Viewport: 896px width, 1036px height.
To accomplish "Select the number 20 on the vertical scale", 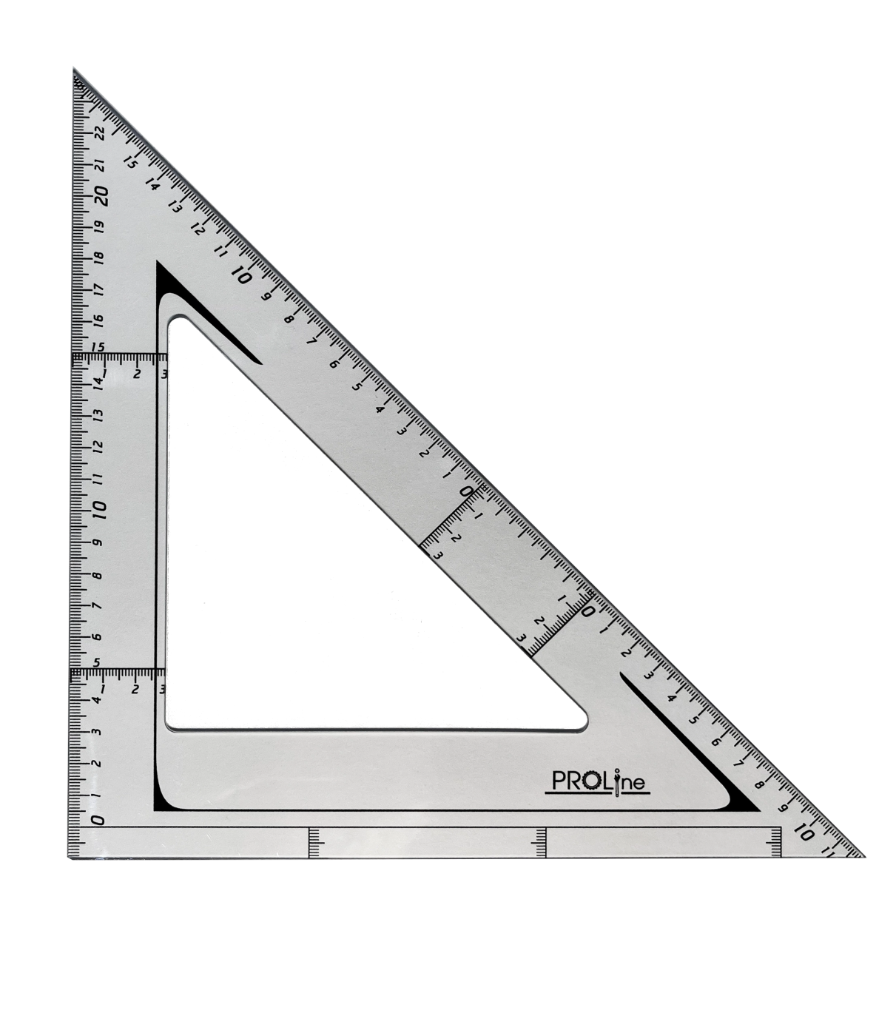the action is point(101,195).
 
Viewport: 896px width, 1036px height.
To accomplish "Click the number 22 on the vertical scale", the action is point(100,134).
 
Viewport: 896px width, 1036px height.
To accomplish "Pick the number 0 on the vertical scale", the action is point(98,820).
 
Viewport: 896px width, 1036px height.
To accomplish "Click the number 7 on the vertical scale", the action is point(98,606).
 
